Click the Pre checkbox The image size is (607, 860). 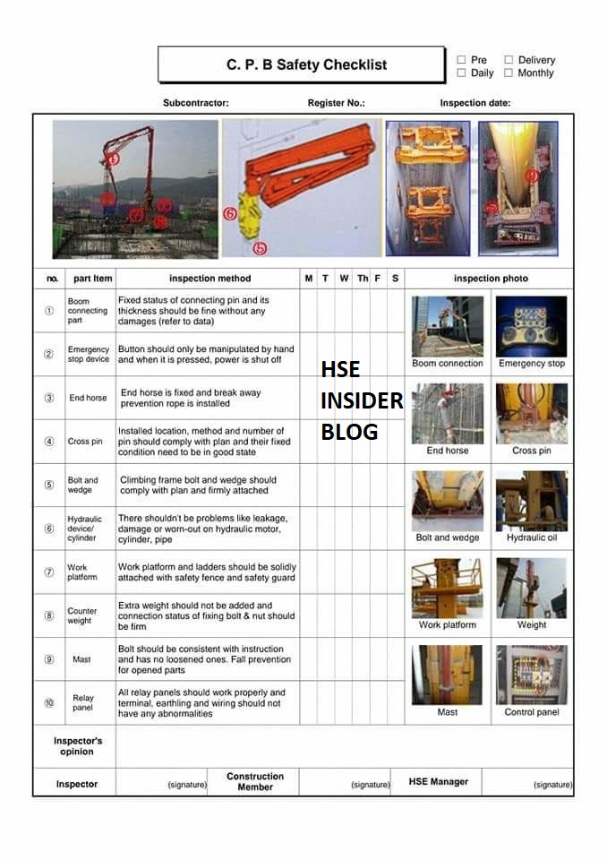pyautogui.click(x=461, y=60)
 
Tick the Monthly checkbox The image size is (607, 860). pyautogui.click(x=508, y=73)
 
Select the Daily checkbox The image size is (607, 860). pyautogui.click(x=461, y=73)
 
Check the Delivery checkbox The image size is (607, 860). pyautogui.click(x=508, y=60)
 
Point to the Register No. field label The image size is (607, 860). pyautogui.click(x=336, y=103)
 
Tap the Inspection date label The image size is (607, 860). pyautogui.click(x=474, y=103)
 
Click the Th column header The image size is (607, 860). pyautogui.click(x=363, y=279)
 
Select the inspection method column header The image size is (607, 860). pyautogui.click(x=209, y=279)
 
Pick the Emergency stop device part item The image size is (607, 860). pyautogui.click(x=88, y=355)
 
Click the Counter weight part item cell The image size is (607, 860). pyautogui.click(x=81, y=616)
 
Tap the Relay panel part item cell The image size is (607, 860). pyautogui.click(x=82, y=703)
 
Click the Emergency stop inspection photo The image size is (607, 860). pyautogui.click(x=532, y=326)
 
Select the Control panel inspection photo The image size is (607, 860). pyautogui.click(x=532, y=675)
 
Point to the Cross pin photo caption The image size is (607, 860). pyautogui.click(x=532, y=451)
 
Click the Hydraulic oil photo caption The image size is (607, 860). pyautogui.click(x=532, y=537)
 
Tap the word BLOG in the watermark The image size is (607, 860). pyautogui.click(x=349, y=432)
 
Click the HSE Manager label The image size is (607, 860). pyautogui.click(x=439, y=782)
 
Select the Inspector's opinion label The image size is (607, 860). pyautogui.click(x=78, y=746)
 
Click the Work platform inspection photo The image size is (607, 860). pyautogui.click(x=447, y=588)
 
